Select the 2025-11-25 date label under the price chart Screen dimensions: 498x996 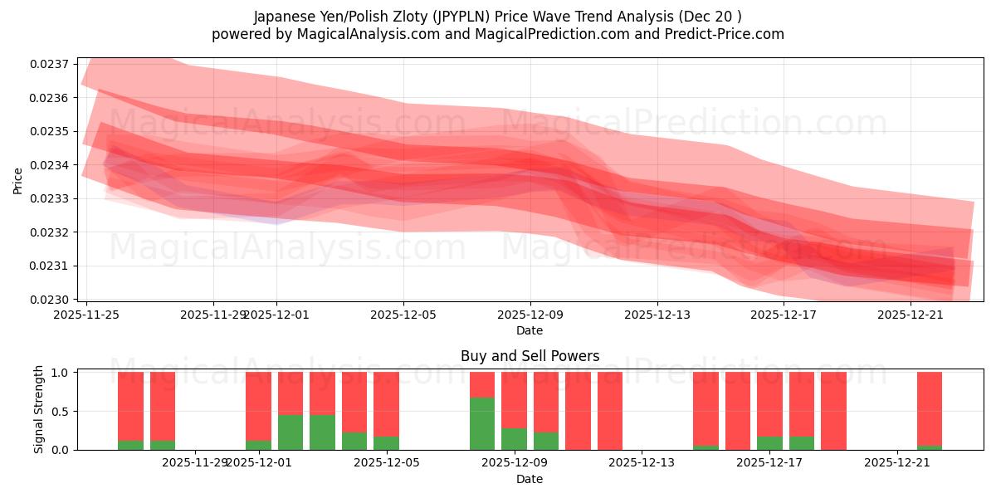coord(86,315)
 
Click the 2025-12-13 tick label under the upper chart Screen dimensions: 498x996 coord(657,315)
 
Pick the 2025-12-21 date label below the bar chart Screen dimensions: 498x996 coord(898,463)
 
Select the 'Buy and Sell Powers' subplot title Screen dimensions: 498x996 coord(530,356)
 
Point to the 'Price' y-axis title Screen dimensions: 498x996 coord(18,180)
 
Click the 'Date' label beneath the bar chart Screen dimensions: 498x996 coord(530,479)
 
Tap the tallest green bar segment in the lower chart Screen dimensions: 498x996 coord(482,423)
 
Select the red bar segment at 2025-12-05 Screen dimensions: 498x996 coord(386,403)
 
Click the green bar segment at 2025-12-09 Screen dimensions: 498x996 coord(514,439)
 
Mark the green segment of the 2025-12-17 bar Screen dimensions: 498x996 coord(769,443)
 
